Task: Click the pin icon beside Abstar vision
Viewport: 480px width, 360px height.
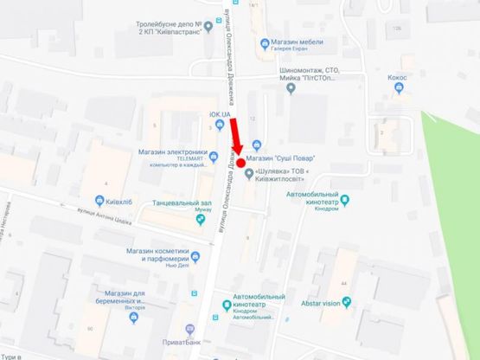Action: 346,302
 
